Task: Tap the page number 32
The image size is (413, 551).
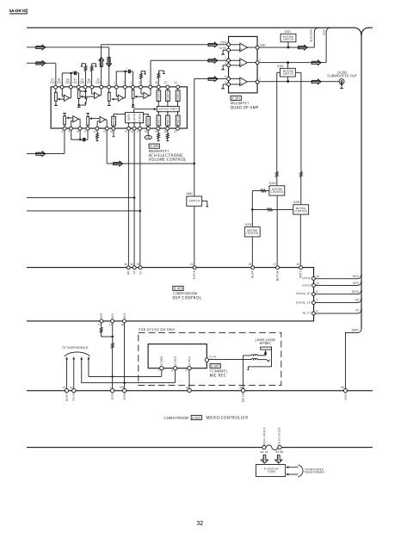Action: [x=200, y=522]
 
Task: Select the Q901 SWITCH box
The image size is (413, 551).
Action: [x=194, y=200]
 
